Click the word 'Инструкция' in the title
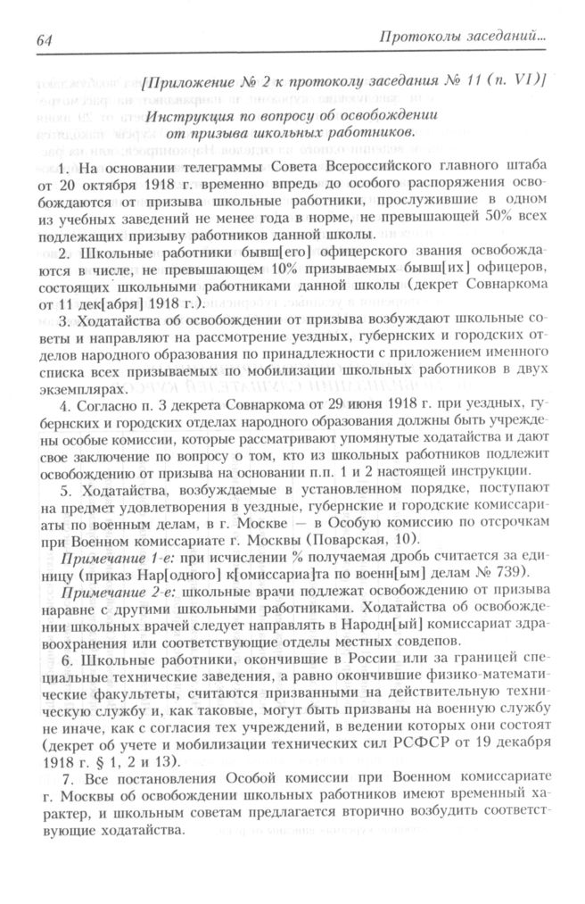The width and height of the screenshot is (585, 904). [186, 116]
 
